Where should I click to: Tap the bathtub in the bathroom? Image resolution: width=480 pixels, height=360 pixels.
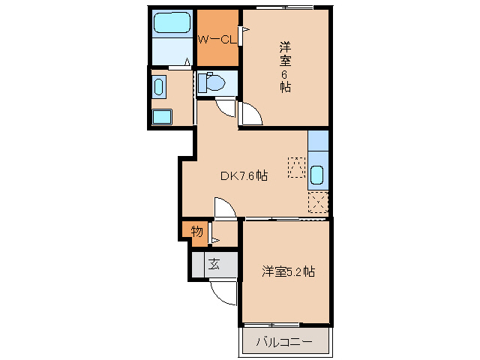coord(172,25)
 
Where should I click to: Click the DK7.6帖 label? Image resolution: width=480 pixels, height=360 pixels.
coord(244,176)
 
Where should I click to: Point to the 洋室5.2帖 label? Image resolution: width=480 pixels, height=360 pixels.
coord(287,271)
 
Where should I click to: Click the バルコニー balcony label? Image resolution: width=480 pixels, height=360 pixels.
coord(286,343)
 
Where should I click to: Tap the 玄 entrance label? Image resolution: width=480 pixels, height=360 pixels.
coord(214,264)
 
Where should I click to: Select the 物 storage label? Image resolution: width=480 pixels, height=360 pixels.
coord(196,232)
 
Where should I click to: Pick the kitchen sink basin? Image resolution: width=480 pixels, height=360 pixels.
coord(317,175)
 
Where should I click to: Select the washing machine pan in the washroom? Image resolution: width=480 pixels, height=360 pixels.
coord(161,117)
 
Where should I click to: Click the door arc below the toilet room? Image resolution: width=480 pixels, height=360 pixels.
coord(224,109)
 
